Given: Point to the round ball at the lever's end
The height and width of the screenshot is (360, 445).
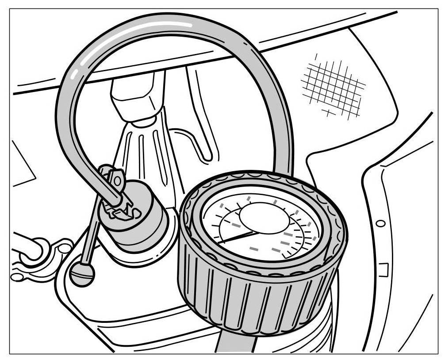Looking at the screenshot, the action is click(82, 274).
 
